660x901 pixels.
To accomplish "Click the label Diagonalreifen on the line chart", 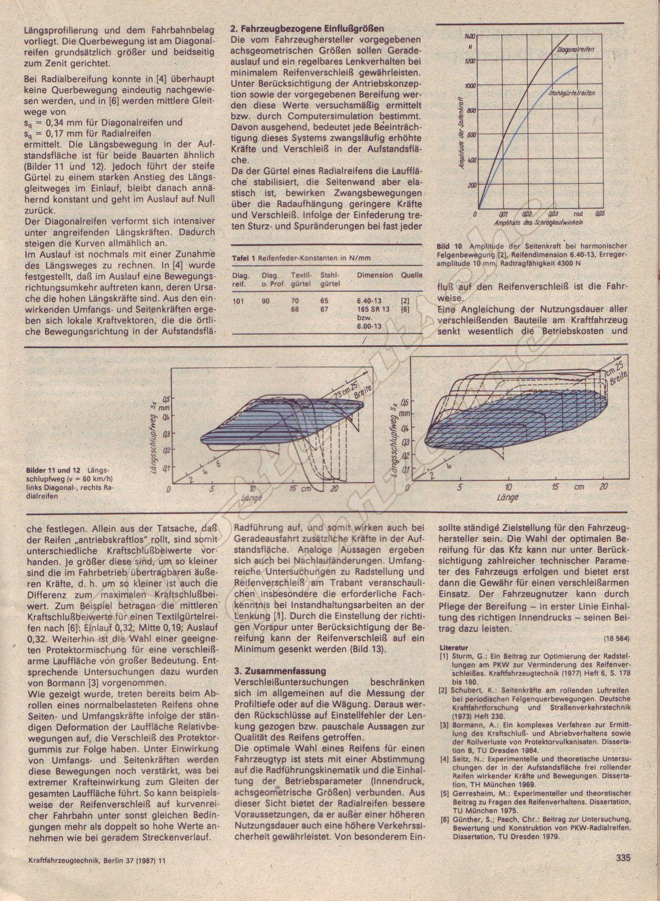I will [x=576, y=51].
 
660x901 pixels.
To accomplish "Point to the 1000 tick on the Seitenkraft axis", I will [x=471, y=85].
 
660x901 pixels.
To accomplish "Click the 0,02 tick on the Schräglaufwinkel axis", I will [x=527, y=215].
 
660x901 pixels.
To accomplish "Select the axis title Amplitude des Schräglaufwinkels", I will [x=538, y=223].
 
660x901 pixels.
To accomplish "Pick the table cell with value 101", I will [x=238, y=301].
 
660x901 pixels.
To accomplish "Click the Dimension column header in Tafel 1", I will [x=374, y=275].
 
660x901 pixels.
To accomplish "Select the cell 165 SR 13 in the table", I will [x=373, y=310].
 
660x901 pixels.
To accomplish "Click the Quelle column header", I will [x=412, y=275].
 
